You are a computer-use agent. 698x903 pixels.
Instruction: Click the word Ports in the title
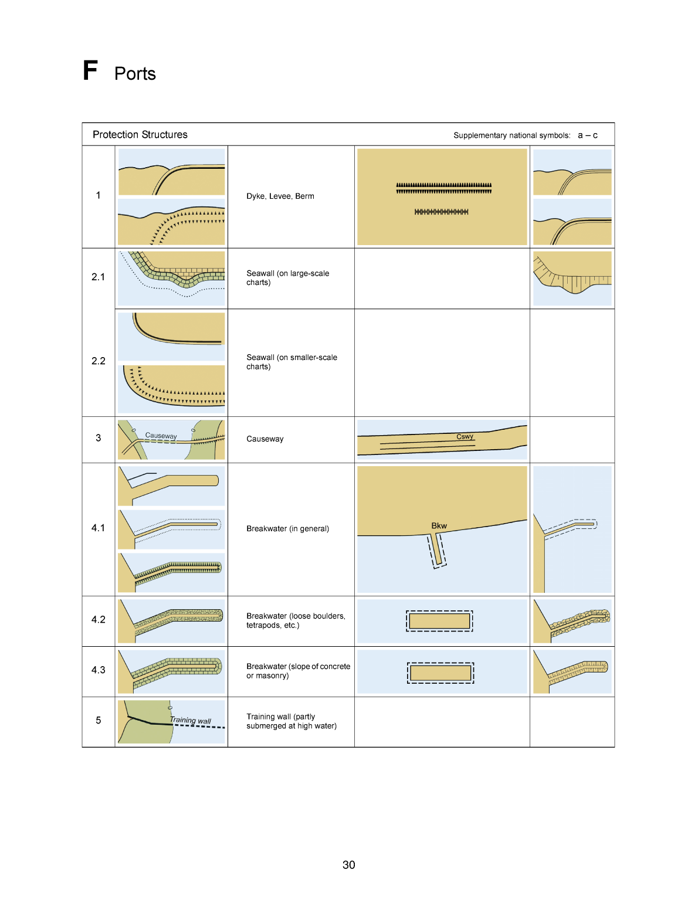point(135,74)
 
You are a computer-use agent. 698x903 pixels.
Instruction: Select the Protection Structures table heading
point(140,135)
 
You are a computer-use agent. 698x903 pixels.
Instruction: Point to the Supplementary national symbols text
point(511,135)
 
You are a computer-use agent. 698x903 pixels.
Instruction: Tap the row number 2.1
point(98,277)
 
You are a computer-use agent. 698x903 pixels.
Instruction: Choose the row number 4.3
point(98,670)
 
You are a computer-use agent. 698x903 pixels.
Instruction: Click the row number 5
point(98,720)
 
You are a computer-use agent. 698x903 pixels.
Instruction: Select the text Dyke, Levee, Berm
point(280,196)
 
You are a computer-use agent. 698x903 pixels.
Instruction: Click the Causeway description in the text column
point(265,439)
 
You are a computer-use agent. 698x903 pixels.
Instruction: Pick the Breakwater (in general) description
point(287,529)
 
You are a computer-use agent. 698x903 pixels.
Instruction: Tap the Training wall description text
point(292,721)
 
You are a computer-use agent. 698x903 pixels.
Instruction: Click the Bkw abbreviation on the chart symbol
point(439,526)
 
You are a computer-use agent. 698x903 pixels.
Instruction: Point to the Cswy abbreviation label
point(465,436)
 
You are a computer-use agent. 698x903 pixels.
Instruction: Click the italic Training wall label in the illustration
point(190,720)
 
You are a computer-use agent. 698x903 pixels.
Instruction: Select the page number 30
point(349,865)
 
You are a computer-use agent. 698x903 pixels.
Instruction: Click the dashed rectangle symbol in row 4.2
point(439,621)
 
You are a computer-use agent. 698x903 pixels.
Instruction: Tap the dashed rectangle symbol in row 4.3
point(441,673)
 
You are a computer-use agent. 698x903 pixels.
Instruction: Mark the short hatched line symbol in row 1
point(441,212)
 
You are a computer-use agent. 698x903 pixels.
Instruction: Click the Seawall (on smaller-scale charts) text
point(292,362)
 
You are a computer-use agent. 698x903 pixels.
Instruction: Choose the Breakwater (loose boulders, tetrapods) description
point(296,620)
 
